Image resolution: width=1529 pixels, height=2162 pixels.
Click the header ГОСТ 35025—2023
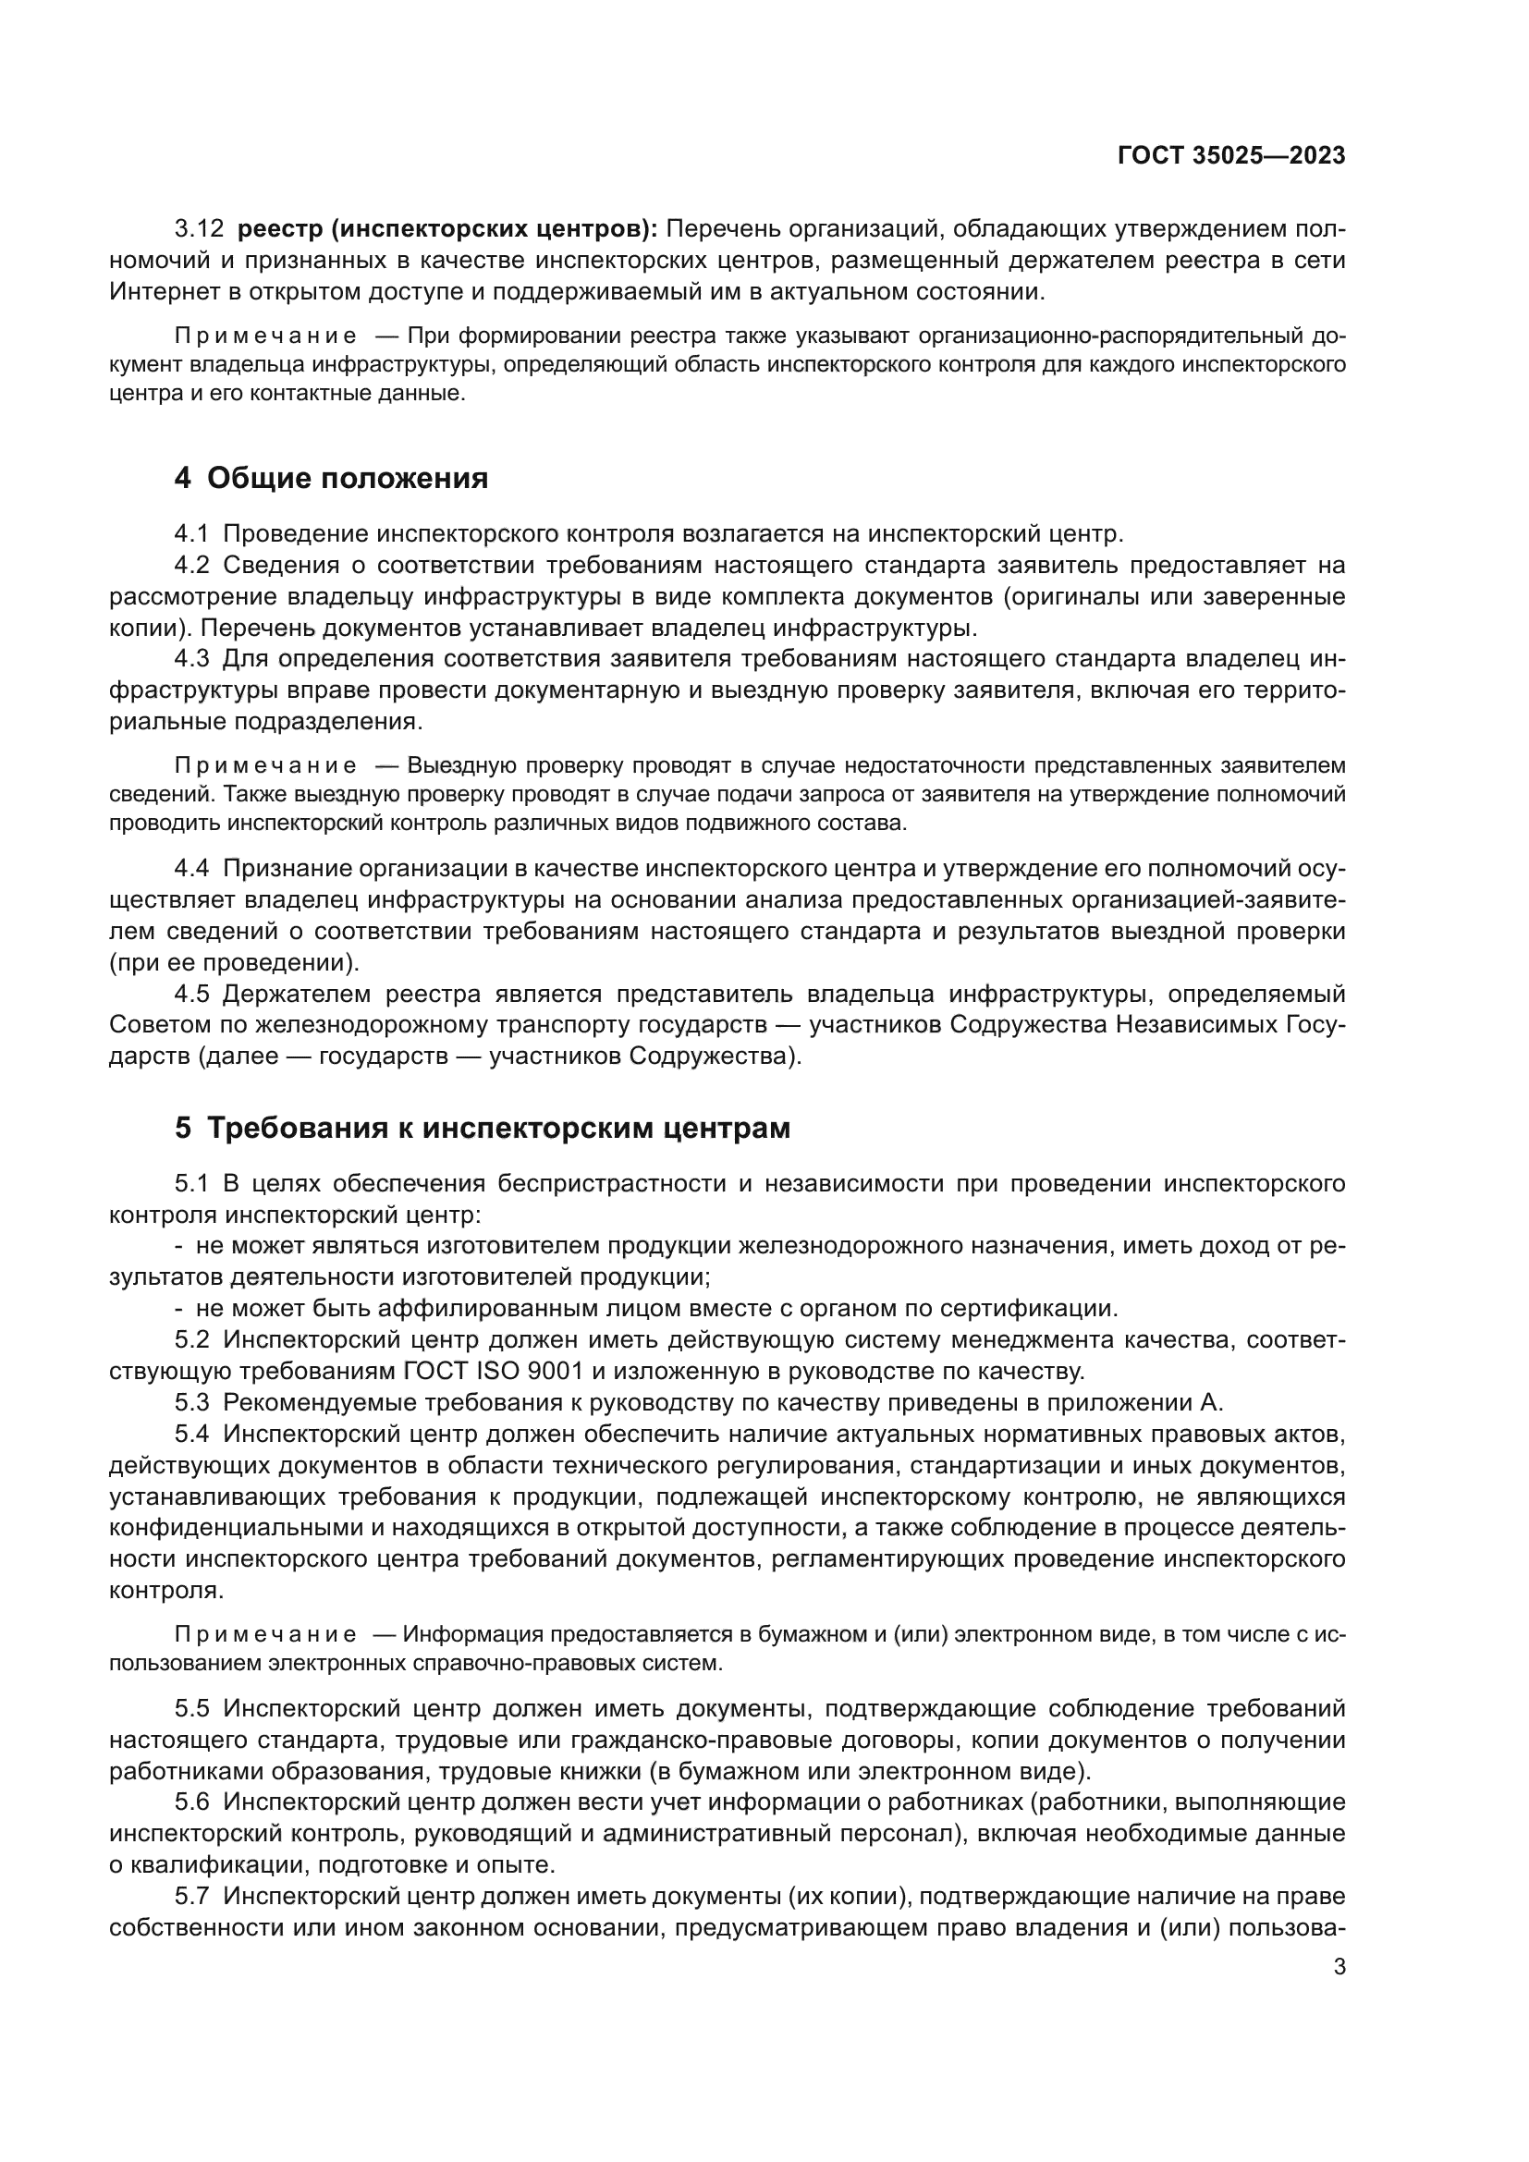1230,156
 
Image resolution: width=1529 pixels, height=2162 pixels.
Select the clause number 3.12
199,229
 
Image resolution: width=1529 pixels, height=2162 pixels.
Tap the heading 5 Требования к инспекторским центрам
482,1127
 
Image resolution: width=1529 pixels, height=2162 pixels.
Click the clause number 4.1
191,534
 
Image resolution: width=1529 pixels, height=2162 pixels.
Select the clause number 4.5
191,995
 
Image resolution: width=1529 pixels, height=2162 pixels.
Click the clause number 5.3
191,1402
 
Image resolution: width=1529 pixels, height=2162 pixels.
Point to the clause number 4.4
191,869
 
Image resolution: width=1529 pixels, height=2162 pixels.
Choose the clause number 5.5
191,1708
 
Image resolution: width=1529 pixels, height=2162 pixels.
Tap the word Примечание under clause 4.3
265,764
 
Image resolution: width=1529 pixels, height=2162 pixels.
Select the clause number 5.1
191,1184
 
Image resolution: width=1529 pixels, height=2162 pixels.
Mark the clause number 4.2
191,565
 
